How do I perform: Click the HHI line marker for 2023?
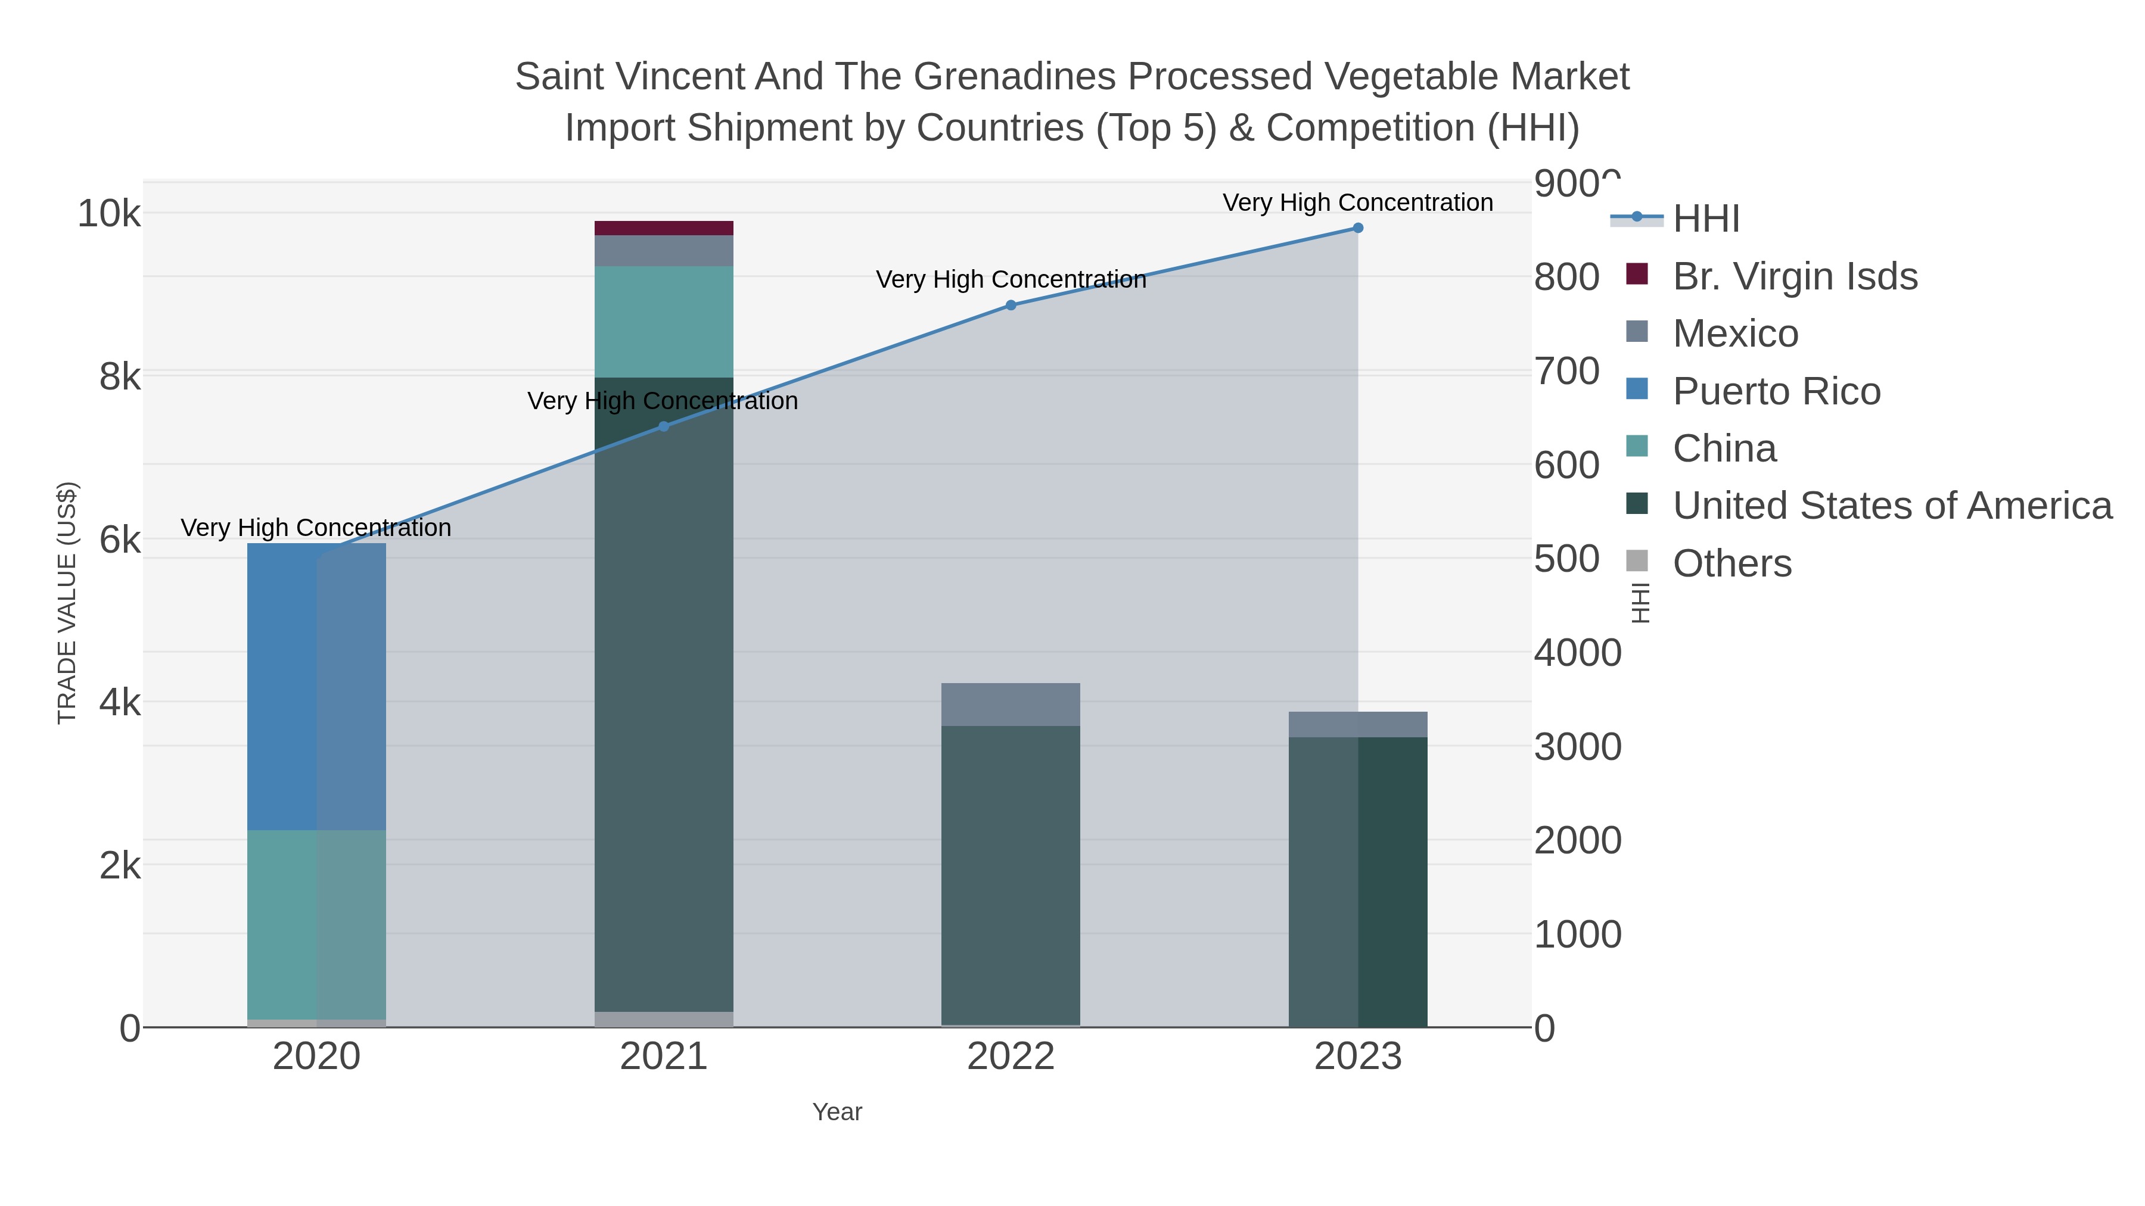1357,228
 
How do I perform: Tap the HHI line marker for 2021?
664,426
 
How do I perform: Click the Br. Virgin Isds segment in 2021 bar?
664,228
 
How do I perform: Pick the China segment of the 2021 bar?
664,322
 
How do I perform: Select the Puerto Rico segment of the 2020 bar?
316,687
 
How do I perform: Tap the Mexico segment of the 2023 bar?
1357,724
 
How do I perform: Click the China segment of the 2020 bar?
316,924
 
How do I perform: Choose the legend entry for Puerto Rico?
1776,391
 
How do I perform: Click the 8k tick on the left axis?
120,377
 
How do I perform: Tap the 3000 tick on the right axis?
1577,747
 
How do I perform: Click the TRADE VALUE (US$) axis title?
67,603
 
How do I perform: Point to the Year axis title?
837,1112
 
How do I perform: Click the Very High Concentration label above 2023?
1357,202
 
